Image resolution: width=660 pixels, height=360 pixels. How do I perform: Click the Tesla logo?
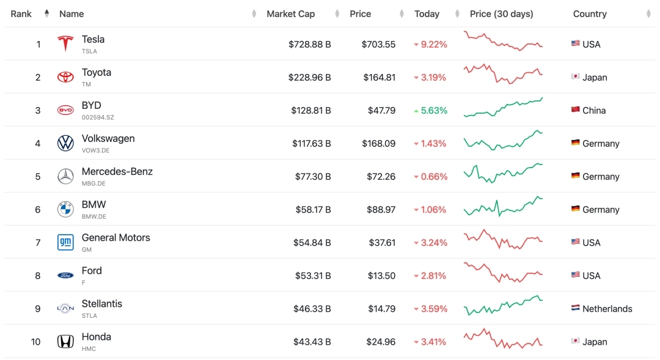click(x=65, y=44)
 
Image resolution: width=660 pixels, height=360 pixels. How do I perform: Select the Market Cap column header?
click(x=290, y=14)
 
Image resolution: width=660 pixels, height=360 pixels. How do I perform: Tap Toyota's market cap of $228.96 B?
click(x=310, y=78)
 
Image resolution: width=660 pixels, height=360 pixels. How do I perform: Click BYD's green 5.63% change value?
click(x=433, y=111)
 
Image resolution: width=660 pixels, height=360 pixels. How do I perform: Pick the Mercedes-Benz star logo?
click(x=65, y=177)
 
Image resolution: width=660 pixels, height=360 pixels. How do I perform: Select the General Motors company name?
click(x=116, y=238)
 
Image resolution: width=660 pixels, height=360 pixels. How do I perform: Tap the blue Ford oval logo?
click(x=65, y=276)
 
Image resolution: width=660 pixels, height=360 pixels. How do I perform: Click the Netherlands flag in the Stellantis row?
click(x=575, y=309)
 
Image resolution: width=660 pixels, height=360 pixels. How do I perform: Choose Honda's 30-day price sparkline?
click(x=503, y=339)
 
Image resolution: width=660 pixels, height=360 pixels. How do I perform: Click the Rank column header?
click(x=21, y=14)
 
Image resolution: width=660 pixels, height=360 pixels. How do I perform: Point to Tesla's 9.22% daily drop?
click(x=433, y=45)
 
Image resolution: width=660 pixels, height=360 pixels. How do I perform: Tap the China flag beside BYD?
click(x=575, y=111)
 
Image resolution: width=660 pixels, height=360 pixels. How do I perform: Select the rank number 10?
click(x=36, y=342)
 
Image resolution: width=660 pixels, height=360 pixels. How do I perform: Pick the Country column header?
click(x=590, y=14)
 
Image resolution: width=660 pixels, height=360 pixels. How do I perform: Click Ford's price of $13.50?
click(x=382, y=276)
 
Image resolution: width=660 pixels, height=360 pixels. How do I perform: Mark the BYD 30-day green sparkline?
click(x=503, y=108)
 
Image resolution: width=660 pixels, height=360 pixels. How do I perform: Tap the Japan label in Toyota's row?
click(x=595, y=78)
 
